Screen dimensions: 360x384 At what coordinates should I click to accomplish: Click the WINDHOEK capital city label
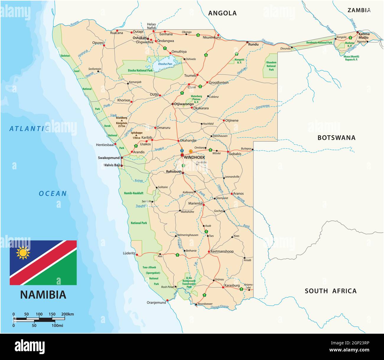(x=194, y=158)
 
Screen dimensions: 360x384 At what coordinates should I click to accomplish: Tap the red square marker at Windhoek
(x=182, y=155)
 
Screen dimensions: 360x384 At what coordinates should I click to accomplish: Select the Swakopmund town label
(x=109, y=158)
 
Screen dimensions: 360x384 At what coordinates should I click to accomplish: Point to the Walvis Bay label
(x=112, y=165)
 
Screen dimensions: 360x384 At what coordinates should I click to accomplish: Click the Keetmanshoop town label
(x=222, y=252)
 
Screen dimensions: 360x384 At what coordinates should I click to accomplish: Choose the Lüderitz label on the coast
(x=129, y=253)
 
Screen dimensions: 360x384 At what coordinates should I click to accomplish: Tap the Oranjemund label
(x=156, y=303)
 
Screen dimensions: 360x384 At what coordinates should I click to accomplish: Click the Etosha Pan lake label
(x=165, y=64)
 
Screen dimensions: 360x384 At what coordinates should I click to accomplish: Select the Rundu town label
(x=253, y=45)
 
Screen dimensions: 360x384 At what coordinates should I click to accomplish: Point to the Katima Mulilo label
(x=364, y=36)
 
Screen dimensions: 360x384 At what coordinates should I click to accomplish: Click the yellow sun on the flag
(x=23, y=253)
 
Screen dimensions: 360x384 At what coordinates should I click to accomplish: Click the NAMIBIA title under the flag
(x=43, y=295)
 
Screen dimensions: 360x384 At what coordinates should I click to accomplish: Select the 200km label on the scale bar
(x=67, y=314)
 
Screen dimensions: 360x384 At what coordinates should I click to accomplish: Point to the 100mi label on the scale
(x=57, y=325)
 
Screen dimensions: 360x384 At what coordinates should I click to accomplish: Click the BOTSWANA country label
(x=336, y=138)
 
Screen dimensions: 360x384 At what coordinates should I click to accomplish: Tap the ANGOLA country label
(x=222, y=13)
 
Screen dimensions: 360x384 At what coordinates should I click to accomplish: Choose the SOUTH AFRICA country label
(x=331, y=291)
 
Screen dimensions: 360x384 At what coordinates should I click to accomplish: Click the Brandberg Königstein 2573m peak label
(x=121, y=122)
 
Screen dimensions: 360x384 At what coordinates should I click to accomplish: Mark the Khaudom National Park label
(x=271, y=66)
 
